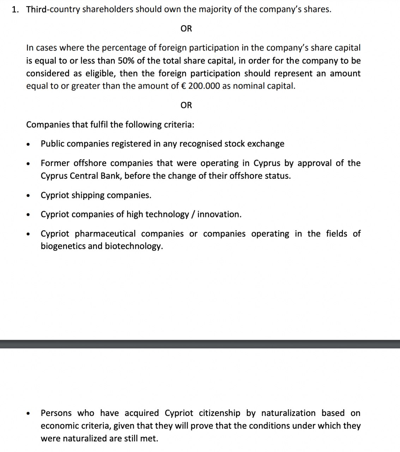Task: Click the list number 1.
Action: point(14,10)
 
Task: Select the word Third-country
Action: point(53,10)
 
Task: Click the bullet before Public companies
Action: point(28,144)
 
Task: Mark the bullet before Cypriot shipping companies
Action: point(28,196)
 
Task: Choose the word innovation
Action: point(219,214)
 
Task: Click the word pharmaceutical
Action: point(105,234)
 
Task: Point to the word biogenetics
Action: point(63,246)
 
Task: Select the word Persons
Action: point(56,413)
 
